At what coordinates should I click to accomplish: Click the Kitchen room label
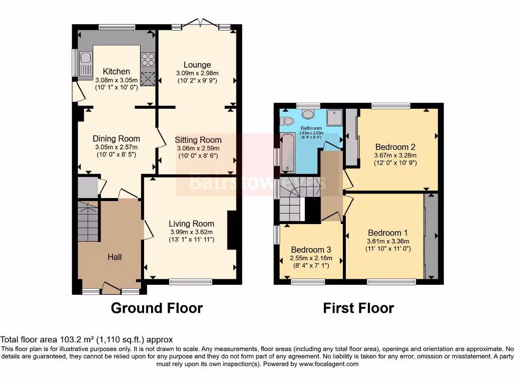tap(116, 72)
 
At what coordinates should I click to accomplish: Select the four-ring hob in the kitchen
tap(148, 60)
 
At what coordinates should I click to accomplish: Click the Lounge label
tap(197, 65)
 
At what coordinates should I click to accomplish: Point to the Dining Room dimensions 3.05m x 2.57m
tap(116, 147)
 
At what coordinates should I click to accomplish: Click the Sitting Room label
tap(198, 140)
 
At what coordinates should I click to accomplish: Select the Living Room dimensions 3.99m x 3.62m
tap(191, 232)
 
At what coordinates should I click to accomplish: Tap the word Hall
tap(114, 257)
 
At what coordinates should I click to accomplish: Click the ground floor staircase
tap(89, 221)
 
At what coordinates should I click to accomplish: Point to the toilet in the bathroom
tap(288, 121)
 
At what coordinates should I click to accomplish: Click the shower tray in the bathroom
tap(334, 117)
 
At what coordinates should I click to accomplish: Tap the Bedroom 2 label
tap(395, 147)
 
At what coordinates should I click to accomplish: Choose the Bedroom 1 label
tap(388, 233)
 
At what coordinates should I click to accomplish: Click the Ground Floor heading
tap(157, 308)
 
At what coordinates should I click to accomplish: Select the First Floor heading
tap(358, 308)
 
